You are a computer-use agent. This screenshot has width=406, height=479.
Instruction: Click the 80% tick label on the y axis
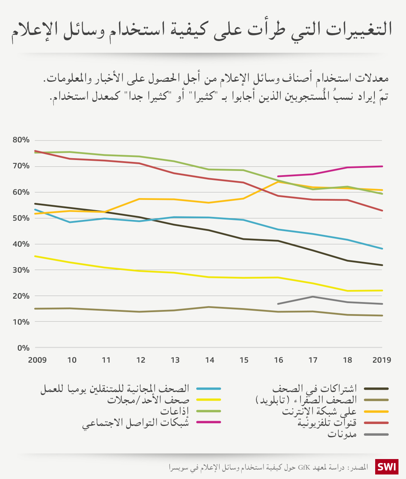[x=21, y=140]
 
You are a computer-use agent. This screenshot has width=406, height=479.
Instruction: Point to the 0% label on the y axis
[x=23, y=348]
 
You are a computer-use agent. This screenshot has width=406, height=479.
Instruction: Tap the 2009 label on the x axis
[x=37, y=360]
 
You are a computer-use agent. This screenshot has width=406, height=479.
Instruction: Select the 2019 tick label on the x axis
[x=382, y=360]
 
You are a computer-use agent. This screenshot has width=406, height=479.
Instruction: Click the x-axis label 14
[x=209, y=360]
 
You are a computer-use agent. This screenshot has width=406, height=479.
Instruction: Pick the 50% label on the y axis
[x=21, y=218]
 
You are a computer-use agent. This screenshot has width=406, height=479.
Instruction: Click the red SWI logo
[x=386, y=467]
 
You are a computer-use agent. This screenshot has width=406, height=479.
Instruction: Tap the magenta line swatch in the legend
[x=208, y=422]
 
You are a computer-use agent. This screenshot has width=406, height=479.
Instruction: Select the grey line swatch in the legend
[x=376, y=434]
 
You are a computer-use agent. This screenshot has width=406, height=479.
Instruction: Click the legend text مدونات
[x=342, y=434]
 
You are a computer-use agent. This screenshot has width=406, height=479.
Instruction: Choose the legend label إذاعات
[x=174, y=411]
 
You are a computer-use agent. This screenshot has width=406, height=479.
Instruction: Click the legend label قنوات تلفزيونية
[x=327, y=423]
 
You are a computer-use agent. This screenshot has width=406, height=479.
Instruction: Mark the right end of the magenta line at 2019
[x=382, y=166]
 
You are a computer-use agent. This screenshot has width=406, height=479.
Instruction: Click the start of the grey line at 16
[x=278, y=304]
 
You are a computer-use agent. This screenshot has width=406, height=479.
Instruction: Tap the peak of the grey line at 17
[x=313, y=297]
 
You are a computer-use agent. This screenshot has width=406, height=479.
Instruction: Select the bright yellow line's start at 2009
[x=35, y=256]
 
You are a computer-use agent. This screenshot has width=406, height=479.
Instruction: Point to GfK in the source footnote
[x=304, y=468]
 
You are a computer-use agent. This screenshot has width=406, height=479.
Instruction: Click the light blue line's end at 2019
[x=382, y=249]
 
